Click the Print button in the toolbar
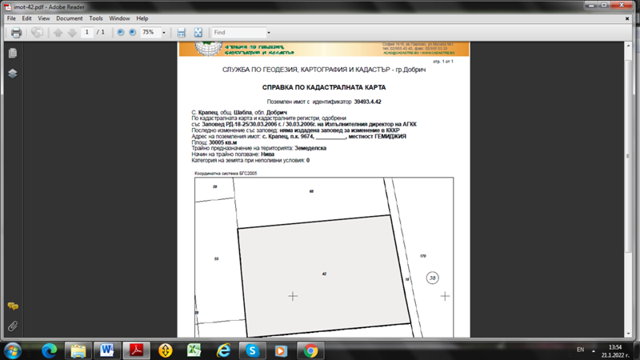click(16, 33)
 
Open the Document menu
click(69, 18)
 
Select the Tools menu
click(96, 18)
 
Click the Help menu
click(142, 18)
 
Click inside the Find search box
click(238, 33)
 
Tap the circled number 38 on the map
click(433, 278)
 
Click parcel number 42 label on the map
click(324, 274)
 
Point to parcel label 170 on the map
click(422, 256)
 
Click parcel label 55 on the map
click(217, 259)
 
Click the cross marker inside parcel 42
click(293, 296)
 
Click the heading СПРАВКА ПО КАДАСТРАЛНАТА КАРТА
click(324, 86)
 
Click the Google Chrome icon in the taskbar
click(310, 350)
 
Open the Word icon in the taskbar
click(107, 350)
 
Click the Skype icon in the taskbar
click(252, 350)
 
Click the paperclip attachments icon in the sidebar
click(13, 326)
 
